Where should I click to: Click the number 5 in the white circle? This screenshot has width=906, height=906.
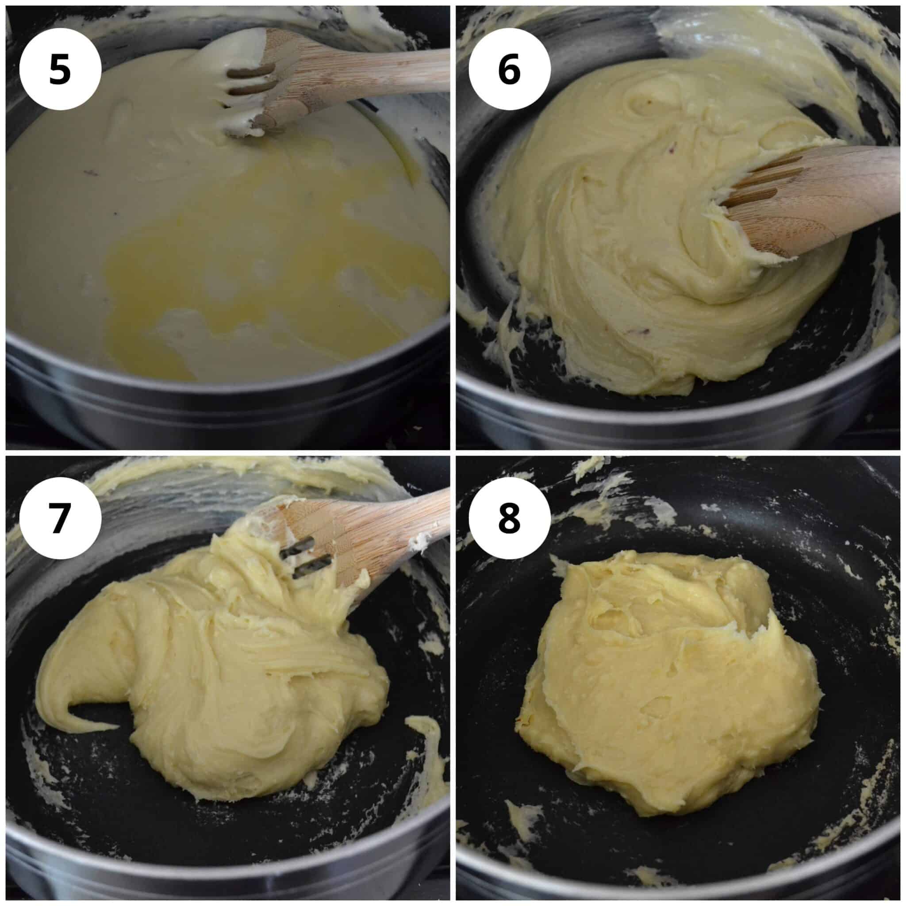[x=60, y=69]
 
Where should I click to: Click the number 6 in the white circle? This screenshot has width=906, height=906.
[x=509, y=69]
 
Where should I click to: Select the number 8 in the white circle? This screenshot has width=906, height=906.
[x=509, y=518]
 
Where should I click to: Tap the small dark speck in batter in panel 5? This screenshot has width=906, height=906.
[x=87, y=173]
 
